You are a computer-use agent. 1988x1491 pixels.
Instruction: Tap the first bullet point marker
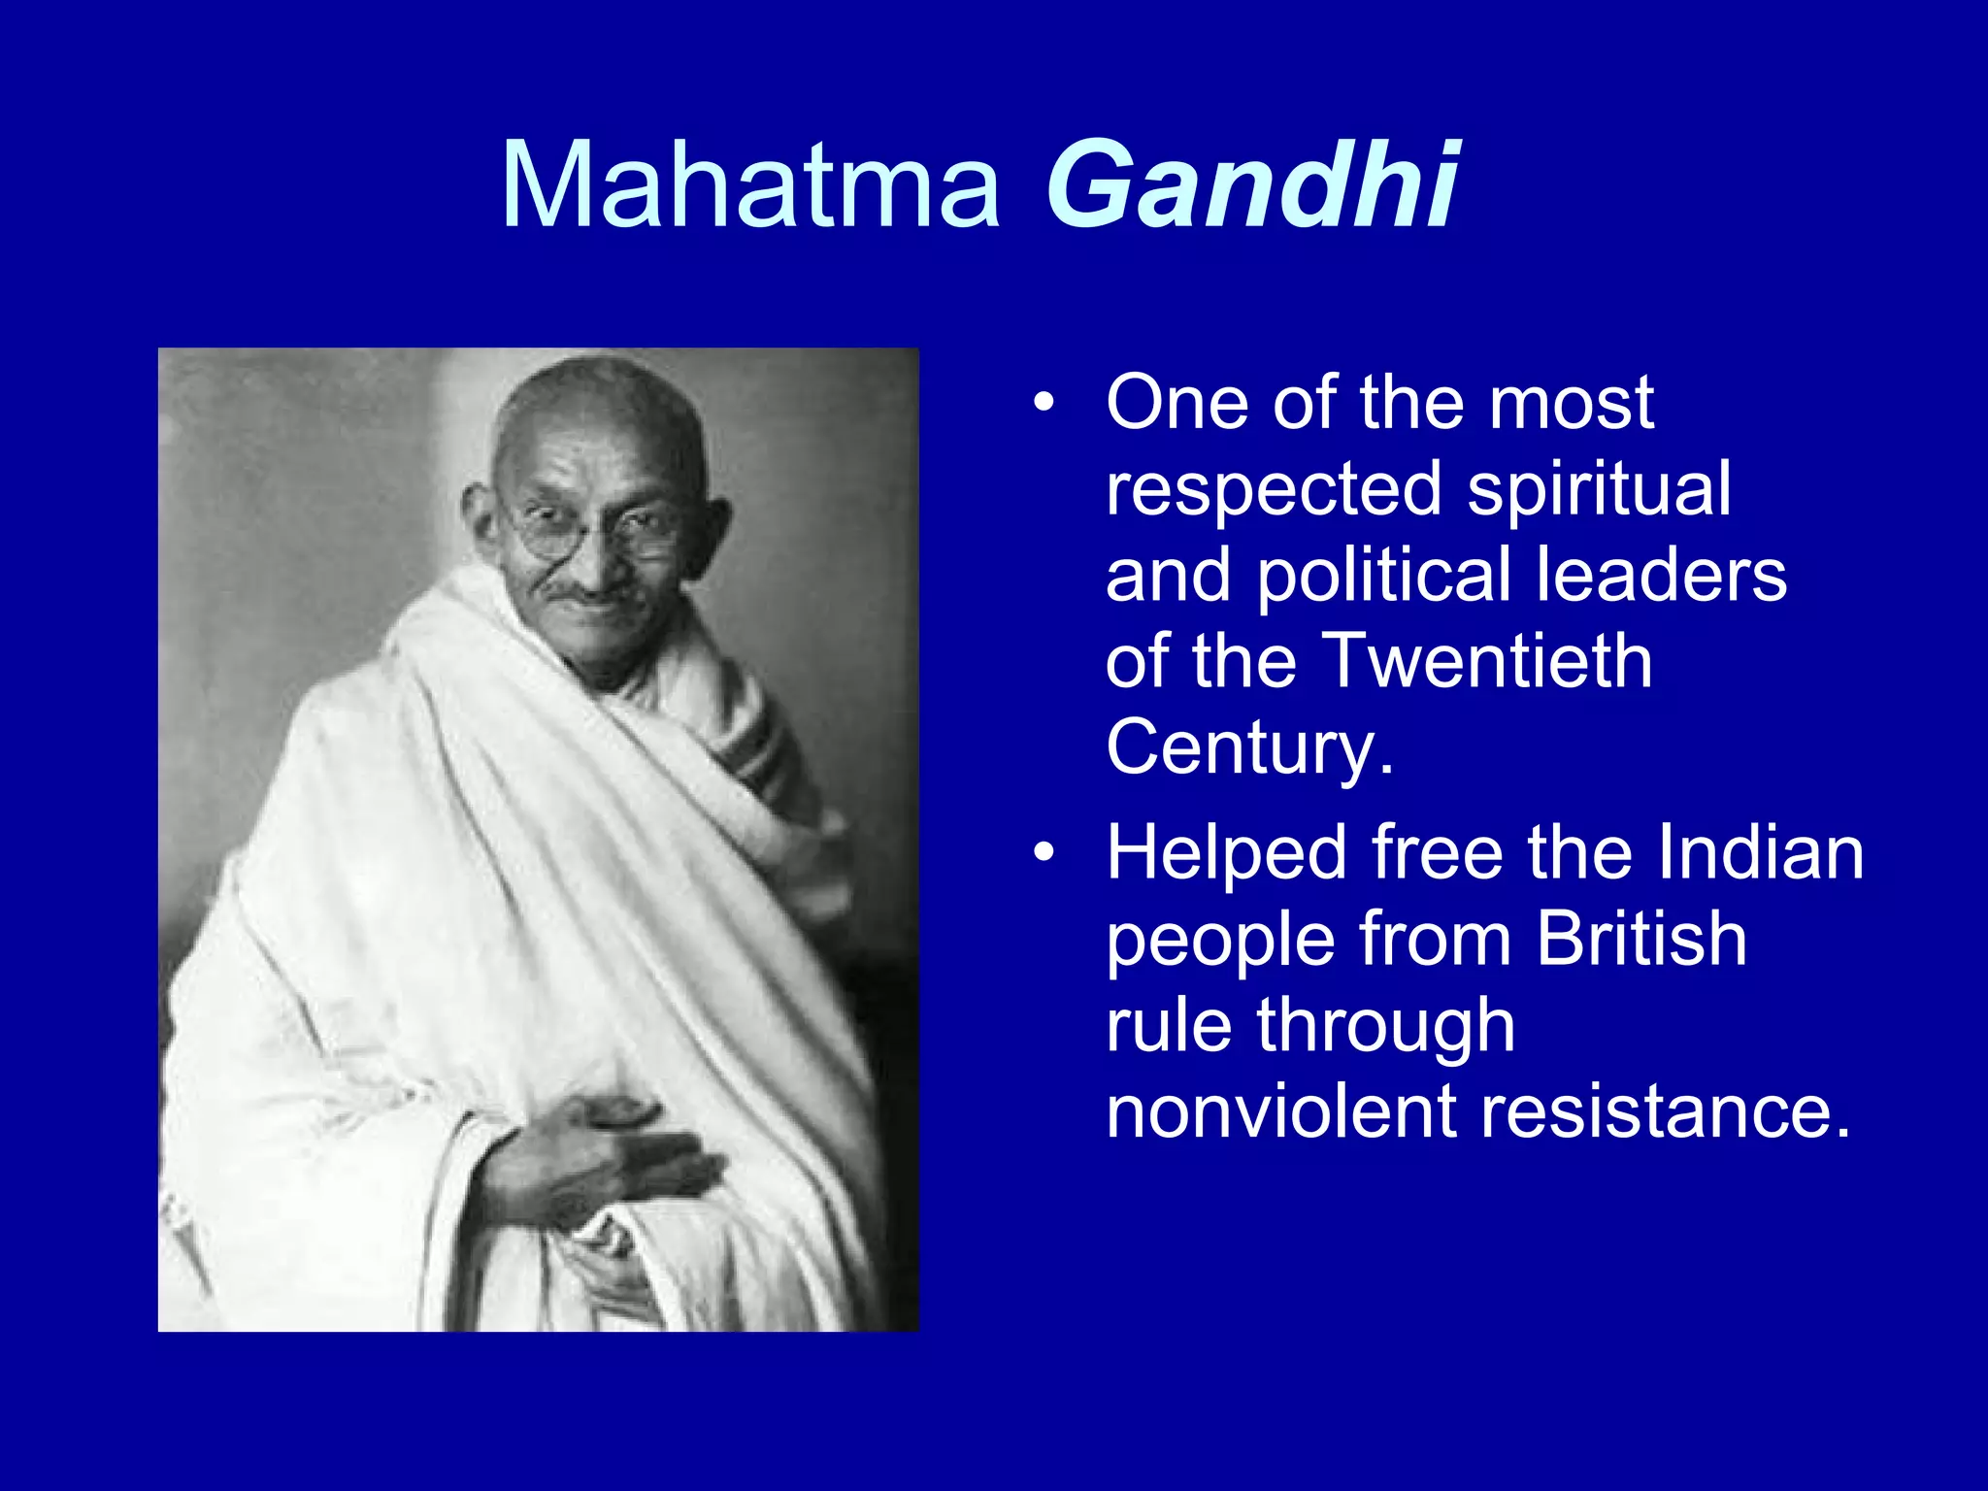tap(1043, 403)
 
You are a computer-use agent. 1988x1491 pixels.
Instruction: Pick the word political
tap(1384, 575)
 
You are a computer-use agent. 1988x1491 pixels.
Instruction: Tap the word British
tap(1641, 939)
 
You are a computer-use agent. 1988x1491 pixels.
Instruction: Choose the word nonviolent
tap(1280, 1111)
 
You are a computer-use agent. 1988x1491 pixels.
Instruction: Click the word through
tap(1385, 1026)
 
